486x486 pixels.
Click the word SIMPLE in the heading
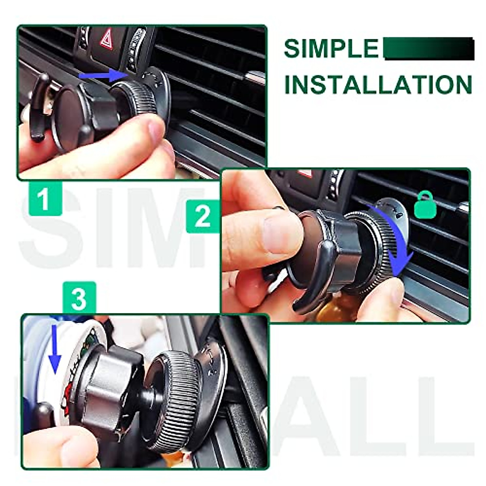(330, 49)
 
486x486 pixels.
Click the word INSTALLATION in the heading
(378, 85)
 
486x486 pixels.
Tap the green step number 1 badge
(45, 199)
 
